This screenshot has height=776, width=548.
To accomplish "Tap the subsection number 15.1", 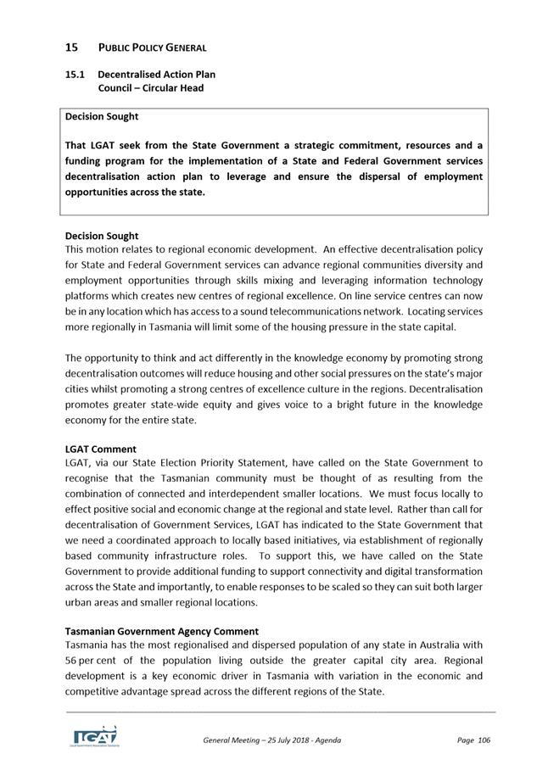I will pos(76,75).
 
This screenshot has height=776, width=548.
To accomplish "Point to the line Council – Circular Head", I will pos(150,88).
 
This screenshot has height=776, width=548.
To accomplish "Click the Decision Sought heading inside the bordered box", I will pos(102,116).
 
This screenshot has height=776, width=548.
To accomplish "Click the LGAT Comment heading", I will pos(100,449).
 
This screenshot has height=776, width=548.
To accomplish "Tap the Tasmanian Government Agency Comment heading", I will pos(161,631).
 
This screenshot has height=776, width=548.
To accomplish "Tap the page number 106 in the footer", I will pos(484,740).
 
